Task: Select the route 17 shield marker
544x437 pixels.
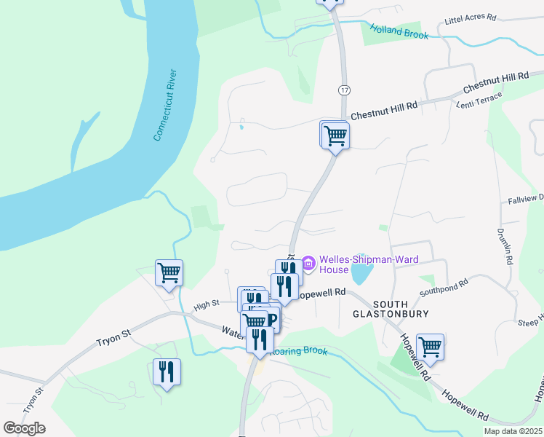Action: pos(343,89)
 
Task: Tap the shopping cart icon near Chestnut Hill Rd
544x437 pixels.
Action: pos(335,135)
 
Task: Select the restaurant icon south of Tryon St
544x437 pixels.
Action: pos(167,372)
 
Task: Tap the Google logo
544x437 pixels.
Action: pos(24,428)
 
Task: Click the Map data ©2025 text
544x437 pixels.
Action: pos(513,431)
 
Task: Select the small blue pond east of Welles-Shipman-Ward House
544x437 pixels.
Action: pos(361,275)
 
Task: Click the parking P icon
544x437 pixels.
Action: pos(272,319)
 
